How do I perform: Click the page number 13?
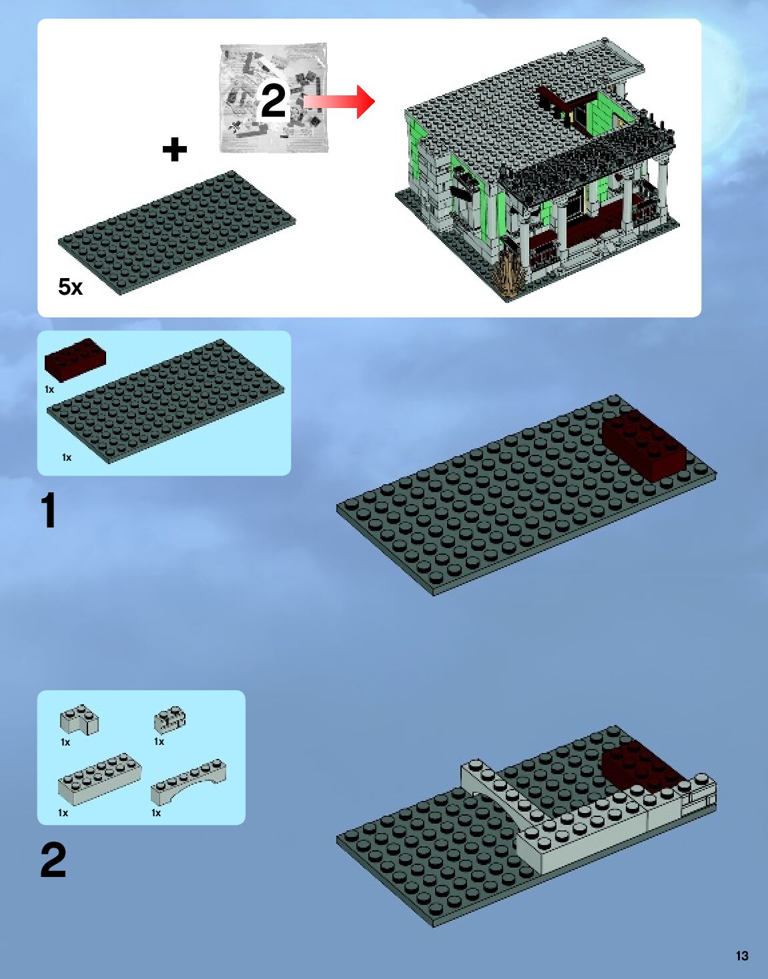tap(742, 956)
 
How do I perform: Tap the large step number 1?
tap(49, 510)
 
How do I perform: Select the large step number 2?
tap(53, 860)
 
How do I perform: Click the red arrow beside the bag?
tap(339, 102)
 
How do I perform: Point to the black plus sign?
tap(174, 149)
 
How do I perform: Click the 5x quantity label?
tap(70, 287)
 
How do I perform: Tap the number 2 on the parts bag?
tap(273, 101)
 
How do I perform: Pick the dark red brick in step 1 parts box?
tap(75, 359)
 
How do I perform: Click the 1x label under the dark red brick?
tap(49, 389)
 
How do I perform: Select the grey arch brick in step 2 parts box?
tap(188, 782)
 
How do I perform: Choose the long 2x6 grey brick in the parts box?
tap(99, 778)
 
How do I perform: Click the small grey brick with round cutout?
tap(79, 720)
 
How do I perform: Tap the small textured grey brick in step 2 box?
tap(170, 720)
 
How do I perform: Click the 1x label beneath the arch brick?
tap(156, 813)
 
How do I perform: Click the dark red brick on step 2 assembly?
tap(640, 766)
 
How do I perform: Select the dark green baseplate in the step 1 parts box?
tap(166, 401)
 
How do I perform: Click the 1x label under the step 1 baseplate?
tap(67, 457)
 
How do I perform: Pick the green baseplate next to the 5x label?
tap(177, 233)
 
